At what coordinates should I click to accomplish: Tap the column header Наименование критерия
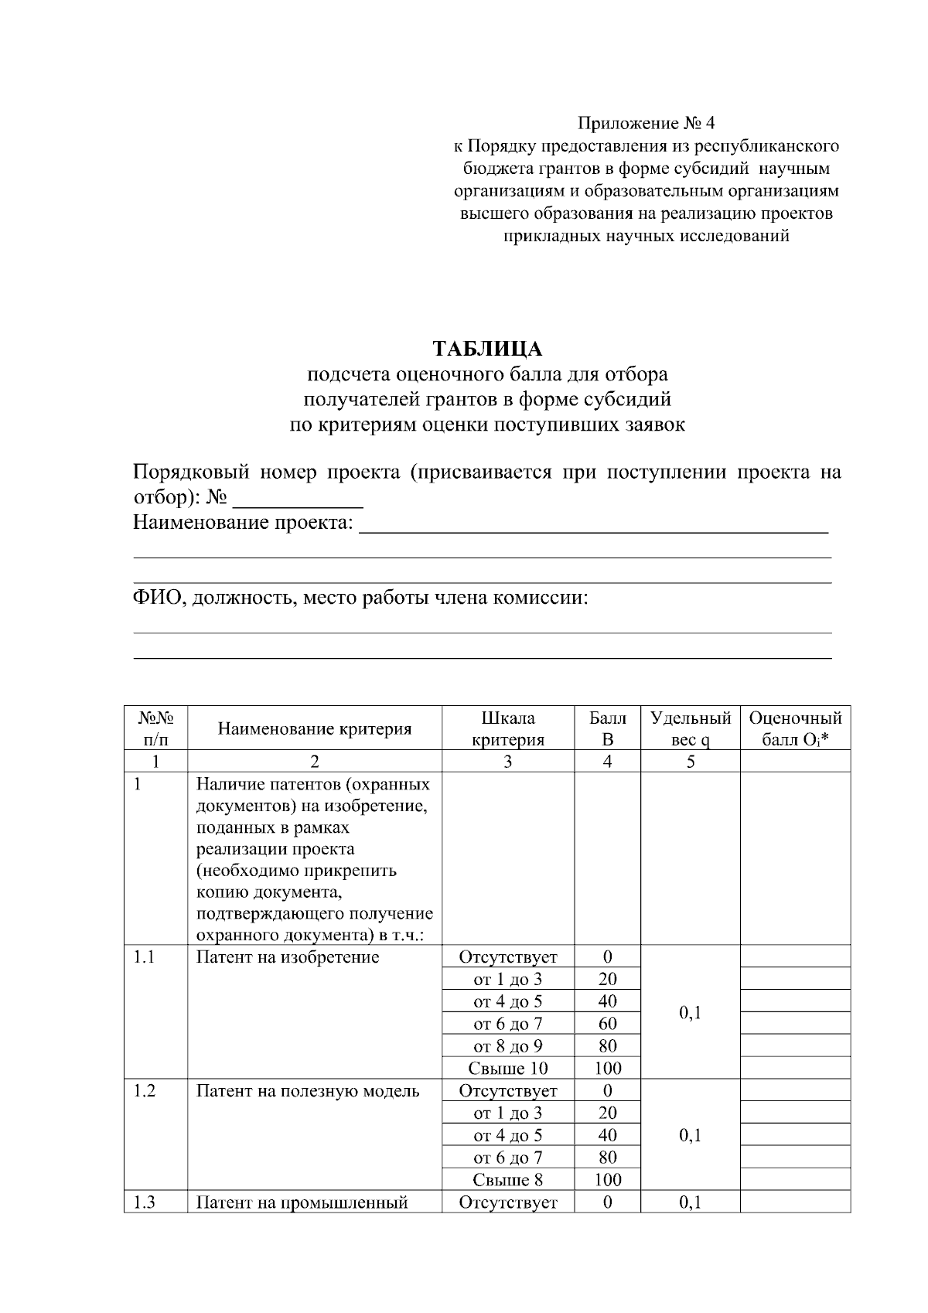point(314,728)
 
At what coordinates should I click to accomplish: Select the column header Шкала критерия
point(507,728)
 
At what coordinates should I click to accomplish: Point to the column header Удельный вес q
point(690,728)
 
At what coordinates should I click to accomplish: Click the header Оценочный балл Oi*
point(795,728)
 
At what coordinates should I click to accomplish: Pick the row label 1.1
point(144,957)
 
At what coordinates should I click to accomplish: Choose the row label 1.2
point(144,1091)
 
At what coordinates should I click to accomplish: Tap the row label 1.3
point(144,1202)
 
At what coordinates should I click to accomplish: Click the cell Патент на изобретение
point(288,957)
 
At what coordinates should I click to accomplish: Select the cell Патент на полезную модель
point(308,1091)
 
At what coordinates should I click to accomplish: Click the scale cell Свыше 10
point(507,1069)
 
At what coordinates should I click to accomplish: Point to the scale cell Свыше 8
point(507,1180)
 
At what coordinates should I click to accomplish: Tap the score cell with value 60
point(607,1024)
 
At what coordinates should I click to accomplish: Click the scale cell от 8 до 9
point(507,1046)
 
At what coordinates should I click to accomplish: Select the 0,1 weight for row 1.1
point(690,1012)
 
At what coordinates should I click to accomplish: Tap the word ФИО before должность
point(157,599)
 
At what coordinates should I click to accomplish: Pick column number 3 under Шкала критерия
point(507,762)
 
